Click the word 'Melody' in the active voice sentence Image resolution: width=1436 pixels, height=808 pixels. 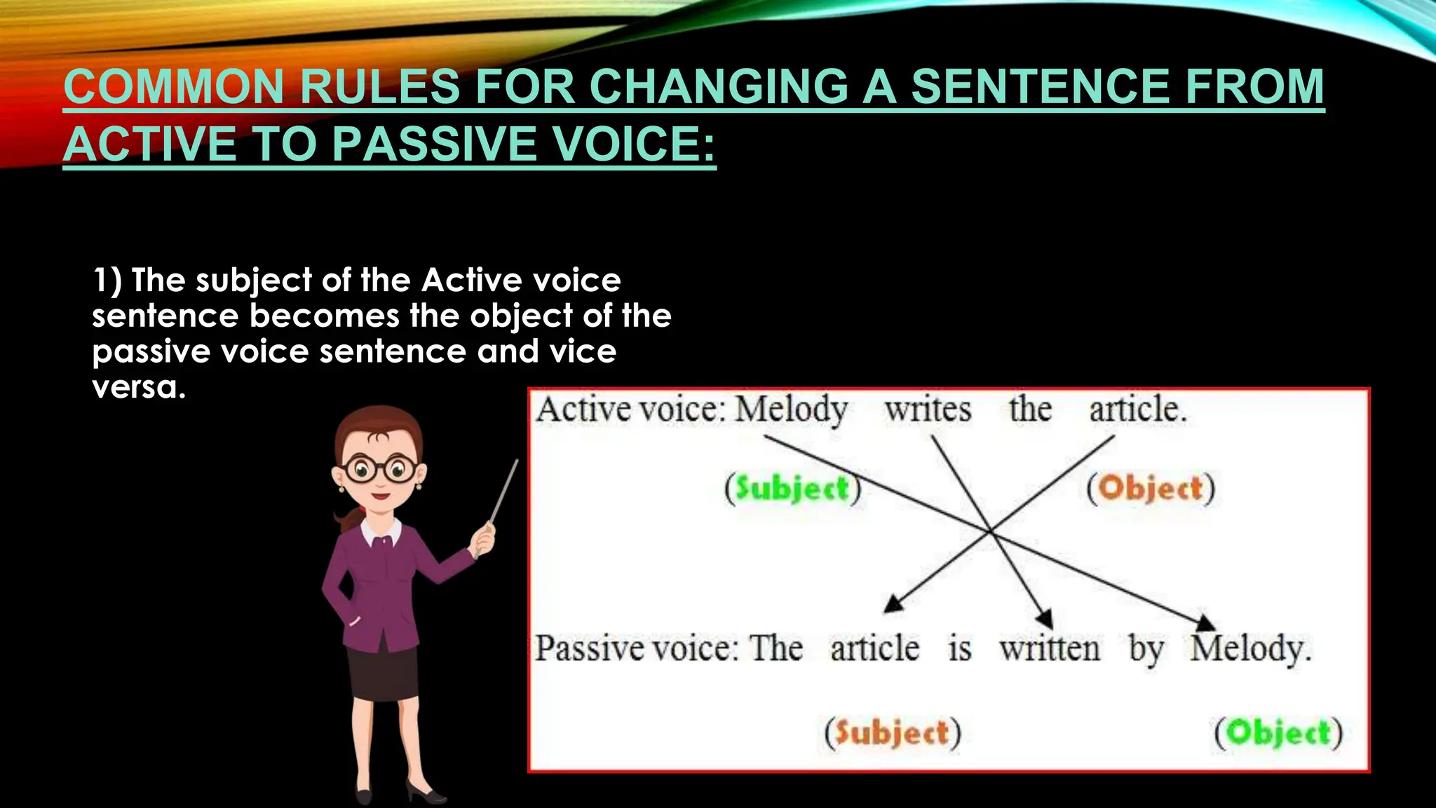point(791,410)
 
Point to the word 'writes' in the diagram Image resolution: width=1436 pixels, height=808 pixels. point(928,410)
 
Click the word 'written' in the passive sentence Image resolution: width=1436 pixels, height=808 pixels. point(1050,648)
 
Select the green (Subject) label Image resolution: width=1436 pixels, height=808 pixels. point(792,488)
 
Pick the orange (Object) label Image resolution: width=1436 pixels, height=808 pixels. point(1150,488)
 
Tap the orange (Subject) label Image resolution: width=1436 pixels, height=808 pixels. point(892,733)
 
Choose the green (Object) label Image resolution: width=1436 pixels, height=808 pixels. point(1278,733)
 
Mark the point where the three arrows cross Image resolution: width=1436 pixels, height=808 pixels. point(991,532)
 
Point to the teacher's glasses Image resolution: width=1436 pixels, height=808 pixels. point(379,469)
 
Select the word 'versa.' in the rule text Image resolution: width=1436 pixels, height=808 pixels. point(139,387)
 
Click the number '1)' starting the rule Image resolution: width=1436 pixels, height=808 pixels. point(107,281)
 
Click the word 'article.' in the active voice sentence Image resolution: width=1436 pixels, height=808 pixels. point(1137,410)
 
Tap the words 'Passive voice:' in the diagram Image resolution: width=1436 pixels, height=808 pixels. point(636,648)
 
